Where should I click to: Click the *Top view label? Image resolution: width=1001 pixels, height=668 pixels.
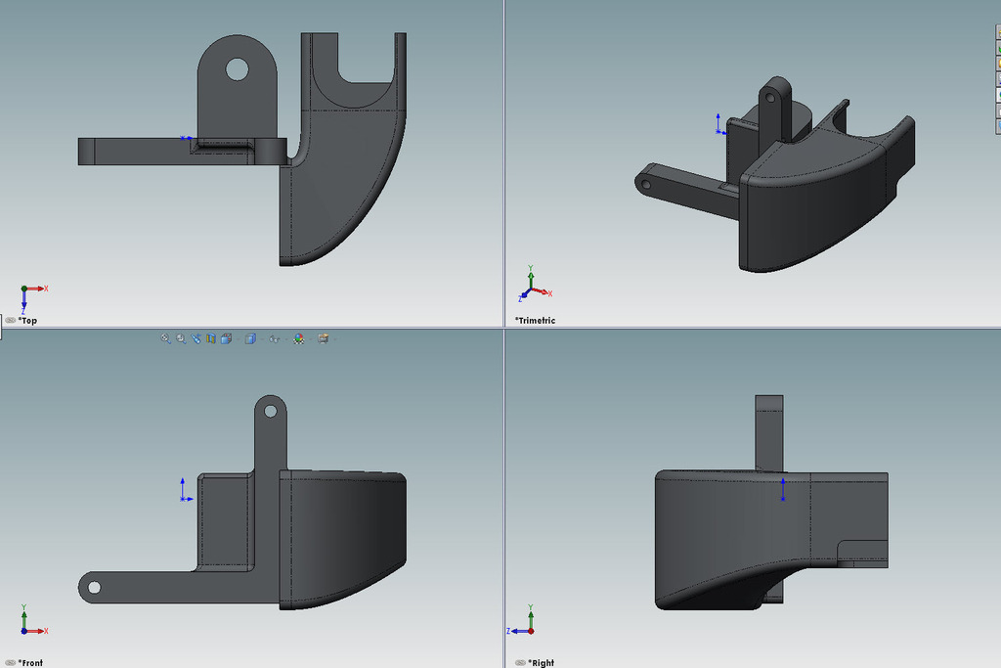point(28,321)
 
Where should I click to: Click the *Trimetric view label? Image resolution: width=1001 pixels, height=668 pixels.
point(535,321)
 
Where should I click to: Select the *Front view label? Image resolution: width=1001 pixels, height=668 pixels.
point(30,663)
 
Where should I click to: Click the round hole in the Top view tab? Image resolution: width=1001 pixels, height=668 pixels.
point(238,68)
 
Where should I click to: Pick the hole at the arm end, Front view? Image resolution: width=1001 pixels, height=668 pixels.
point(94,587)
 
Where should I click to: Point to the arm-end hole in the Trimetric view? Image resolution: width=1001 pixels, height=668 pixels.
point(644,183)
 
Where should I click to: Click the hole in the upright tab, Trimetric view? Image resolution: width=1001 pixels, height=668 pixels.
point(770,98)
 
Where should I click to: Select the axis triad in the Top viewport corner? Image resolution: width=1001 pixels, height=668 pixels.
point(28,294)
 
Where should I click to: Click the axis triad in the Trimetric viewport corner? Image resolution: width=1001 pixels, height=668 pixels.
point(531,287)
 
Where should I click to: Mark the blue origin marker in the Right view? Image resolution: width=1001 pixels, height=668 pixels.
point(783,490)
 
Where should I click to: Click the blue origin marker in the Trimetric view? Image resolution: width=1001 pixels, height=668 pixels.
point(718,124)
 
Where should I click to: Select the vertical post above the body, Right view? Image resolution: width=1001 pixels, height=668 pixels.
point(769,430)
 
